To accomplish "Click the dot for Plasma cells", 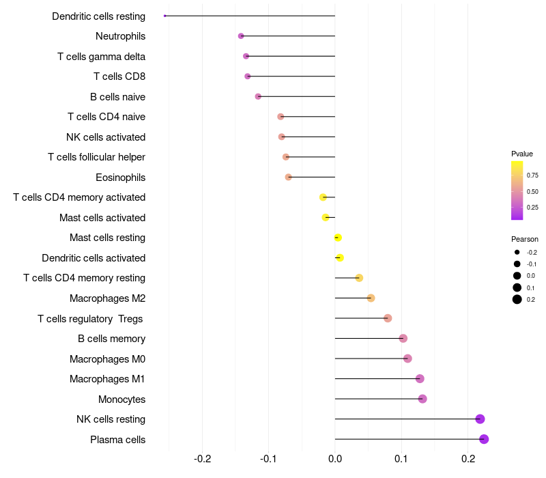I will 484,439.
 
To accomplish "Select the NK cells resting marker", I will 480,419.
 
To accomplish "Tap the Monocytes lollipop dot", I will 422,399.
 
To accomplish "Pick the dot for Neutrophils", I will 241,36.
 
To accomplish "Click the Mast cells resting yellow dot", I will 338,238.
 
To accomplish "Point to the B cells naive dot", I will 258,96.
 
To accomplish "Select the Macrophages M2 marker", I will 371,298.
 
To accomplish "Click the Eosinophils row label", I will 121,178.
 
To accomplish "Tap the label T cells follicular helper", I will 97,157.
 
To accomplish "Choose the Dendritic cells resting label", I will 99,16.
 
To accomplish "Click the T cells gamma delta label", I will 102,56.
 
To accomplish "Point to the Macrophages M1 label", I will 107,379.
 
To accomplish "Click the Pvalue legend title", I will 522,154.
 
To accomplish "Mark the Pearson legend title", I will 525,239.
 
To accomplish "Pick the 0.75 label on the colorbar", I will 532,175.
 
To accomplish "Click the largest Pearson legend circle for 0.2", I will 517,299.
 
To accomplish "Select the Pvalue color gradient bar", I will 517,191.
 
